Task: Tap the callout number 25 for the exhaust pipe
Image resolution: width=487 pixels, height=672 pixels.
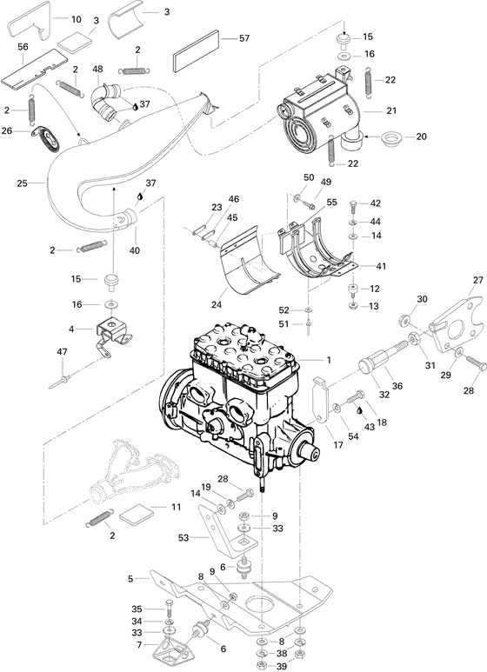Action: pyautogui.click(x=23, y=183)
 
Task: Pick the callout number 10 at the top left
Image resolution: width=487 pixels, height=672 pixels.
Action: pyautogui.click(x=76, y=18)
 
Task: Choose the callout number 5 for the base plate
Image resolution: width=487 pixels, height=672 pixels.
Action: pyautogui.click(x=130, y=578)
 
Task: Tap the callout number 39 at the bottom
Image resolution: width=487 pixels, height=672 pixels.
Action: pyautogui.click(x=281, y=665)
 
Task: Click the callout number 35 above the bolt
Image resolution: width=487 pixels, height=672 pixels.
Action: pyautogui.click(x=137, y=609)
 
